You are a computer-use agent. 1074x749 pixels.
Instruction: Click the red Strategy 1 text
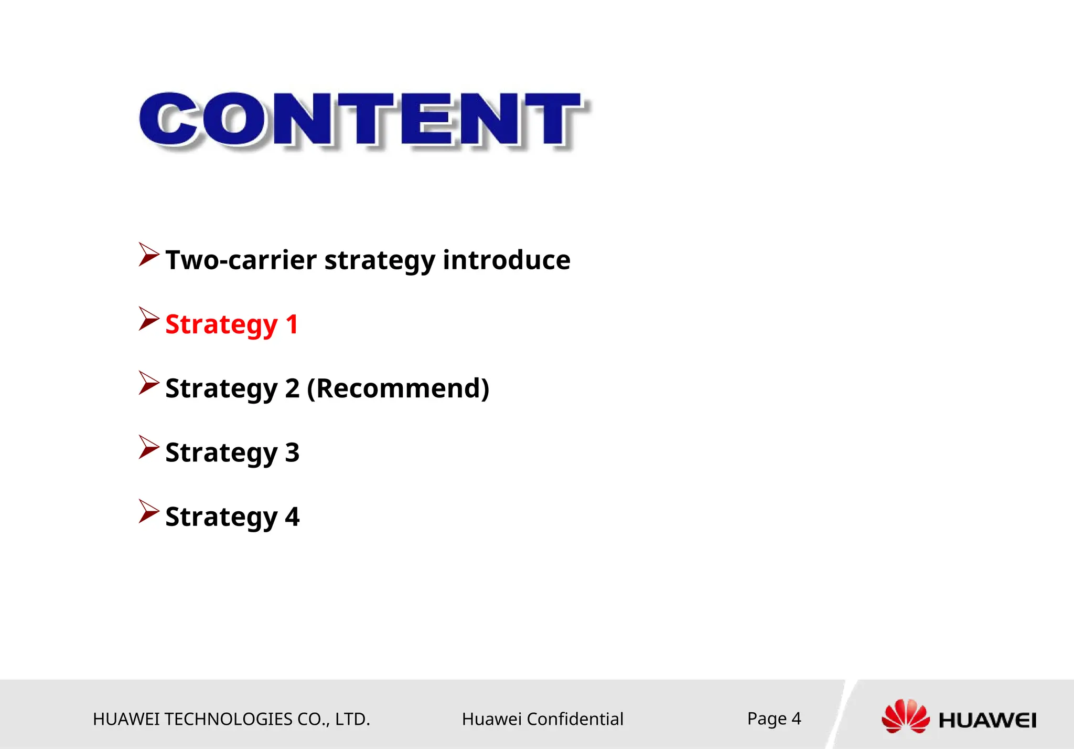pos(231,324)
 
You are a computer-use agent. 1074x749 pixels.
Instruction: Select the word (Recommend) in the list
pos(398,388)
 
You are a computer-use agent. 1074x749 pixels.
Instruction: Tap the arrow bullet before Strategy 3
pos(148,447)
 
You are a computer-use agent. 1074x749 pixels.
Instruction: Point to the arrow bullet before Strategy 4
pos(148,512)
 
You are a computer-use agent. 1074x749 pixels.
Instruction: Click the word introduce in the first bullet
pos(506,260)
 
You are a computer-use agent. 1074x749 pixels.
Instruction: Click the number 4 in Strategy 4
pos(292,516)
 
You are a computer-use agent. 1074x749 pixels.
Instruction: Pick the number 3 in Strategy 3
pos(292,452)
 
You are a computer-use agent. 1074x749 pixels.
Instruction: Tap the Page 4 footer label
pos(774,718)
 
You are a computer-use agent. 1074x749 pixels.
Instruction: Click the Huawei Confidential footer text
pos(542,719)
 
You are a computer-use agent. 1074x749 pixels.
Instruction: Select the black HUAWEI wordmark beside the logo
pos(987,720)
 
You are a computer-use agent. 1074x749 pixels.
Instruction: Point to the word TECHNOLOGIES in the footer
pos(229,719)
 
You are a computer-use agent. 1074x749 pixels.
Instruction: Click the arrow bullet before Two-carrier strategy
pos(148,255)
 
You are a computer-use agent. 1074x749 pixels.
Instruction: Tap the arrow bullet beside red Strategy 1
pos(148,319)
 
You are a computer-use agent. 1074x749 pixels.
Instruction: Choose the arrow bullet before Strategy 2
pos(148,383)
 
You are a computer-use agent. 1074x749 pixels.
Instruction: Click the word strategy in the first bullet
pos(380,261)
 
